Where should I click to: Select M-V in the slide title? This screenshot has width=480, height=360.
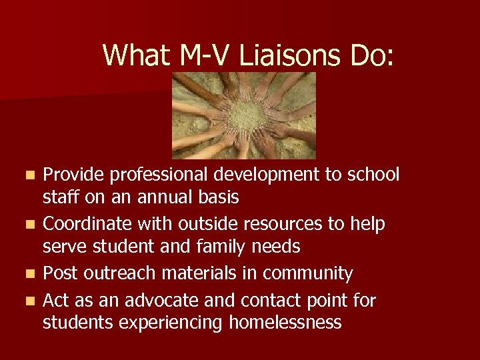click(206, 55)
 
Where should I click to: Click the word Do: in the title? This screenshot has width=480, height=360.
click(367, 55)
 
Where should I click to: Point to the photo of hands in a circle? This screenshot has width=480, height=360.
click(244, 115)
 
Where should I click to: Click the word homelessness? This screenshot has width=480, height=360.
click(285, 323)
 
